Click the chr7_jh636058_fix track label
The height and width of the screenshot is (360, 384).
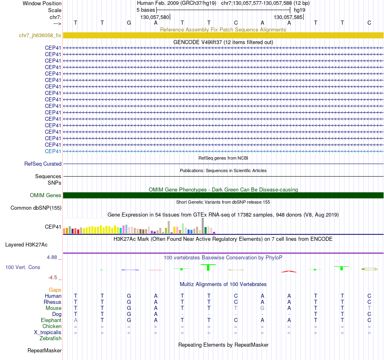point(40,36)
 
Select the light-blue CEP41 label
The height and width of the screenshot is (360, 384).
point(53,151)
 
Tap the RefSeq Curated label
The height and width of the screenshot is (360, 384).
point(43,164)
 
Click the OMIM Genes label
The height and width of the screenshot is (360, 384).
point(46,196)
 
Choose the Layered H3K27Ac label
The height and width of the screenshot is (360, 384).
point(26,245)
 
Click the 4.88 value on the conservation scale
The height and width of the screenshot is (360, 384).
point(55,257)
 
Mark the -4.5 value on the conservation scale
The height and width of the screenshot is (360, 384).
point(55,278)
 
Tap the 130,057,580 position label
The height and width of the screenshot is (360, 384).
point(154,17)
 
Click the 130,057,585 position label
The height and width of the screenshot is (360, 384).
point(288,17)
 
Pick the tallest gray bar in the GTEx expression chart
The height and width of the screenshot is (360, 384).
point(203,225)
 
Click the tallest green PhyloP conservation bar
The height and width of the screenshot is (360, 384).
point(208,267)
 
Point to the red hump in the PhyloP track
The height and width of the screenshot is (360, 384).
point(289,271)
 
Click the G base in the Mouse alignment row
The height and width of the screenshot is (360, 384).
point(262,308)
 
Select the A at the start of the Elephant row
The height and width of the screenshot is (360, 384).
point(76,320)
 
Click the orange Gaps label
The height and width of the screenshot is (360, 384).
point(55,290)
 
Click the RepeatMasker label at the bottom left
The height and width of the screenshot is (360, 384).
point(44,350)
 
